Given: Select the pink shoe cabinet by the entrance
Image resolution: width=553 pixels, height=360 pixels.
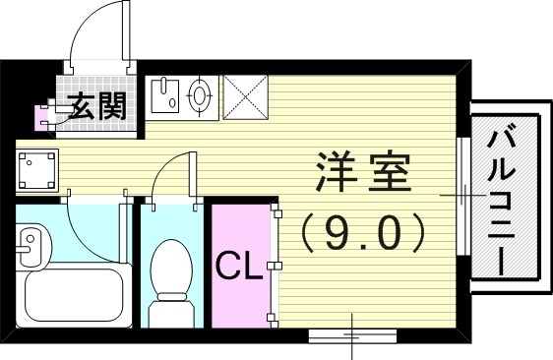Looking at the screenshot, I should pos(43,117).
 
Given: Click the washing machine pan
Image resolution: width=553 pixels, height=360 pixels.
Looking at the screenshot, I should pos(36,169).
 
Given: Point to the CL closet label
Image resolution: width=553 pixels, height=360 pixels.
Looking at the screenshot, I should pos(238,266).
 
